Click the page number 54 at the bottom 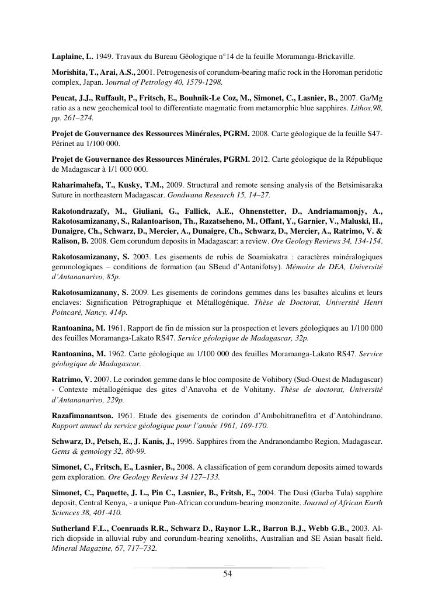point(228,574)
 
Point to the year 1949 point(103,57)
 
